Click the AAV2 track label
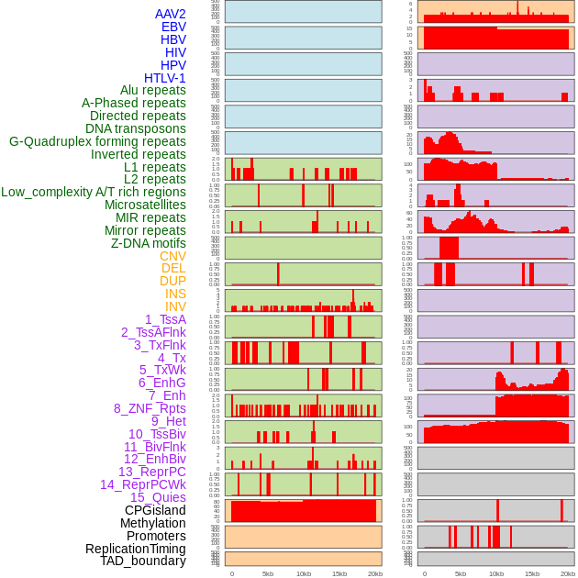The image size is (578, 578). tap(170, 15)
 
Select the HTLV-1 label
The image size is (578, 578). tap(164, 78)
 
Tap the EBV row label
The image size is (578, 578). tap(172, 28)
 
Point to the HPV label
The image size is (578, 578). tap(172, 65)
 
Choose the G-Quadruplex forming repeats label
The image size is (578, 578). tap(97, 141)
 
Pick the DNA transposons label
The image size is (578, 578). tap(136, 128)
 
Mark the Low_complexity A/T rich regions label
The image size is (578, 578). tap(94, 192)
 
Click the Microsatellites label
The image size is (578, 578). tap(145, 205)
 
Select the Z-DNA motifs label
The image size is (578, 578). tap(148, 243)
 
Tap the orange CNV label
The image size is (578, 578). tap(172, 256)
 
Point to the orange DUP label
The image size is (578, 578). tap(172, 281)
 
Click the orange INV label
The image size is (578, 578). tap(175, 306)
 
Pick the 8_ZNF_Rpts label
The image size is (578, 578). tap(150, 408)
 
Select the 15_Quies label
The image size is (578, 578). tap(158, 497)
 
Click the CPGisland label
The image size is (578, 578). tap(155, 510)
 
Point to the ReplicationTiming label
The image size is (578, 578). tap(135, 549)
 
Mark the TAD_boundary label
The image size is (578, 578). tap(143, 561)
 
